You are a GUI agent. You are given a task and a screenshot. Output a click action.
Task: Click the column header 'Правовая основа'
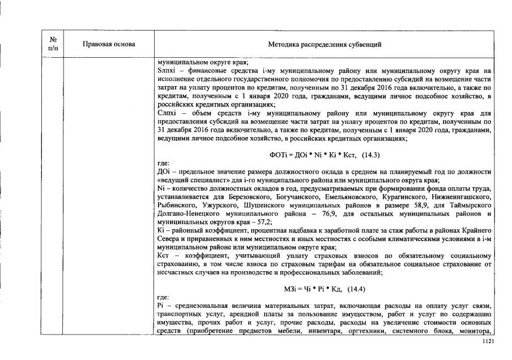(109, 44)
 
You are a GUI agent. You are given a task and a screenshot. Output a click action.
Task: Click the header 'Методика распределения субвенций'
(325, 44)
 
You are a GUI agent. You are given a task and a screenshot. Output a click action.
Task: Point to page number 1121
(488, 342)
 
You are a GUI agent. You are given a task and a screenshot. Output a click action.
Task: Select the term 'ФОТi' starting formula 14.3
(278, 155)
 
